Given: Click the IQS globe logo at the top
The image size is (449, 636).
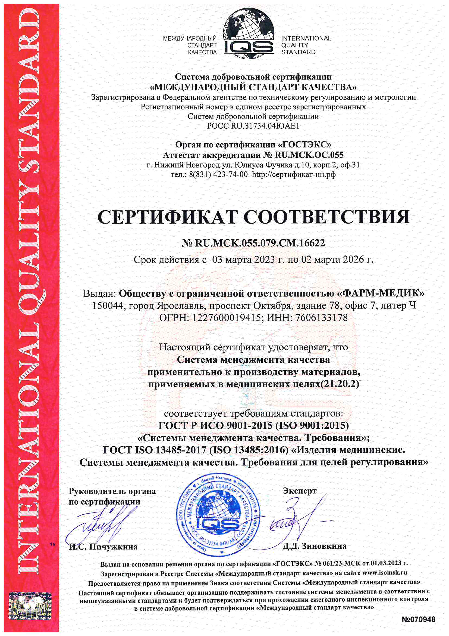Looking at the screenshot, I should [249, 33].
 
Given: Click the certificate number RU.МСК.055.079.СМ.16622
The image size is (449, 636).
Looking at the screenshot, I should [260, 243].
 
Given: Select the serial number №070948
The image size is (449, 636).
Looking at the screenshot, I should [418, 619].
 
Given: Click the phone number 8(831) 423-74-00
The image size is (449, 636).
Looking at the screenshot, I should [219, 175].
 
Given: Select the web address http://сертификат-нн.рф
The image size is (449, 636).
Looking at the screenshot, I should [294, 175].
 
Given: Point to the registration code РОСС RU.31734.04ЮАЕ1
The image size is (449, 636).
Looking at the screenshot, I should [253, 126].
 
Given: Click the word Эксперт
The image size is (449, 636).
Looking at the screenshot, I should [299, 491].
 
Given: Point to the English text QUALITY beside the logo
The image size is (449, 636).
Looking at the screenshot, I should [295, 45].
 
